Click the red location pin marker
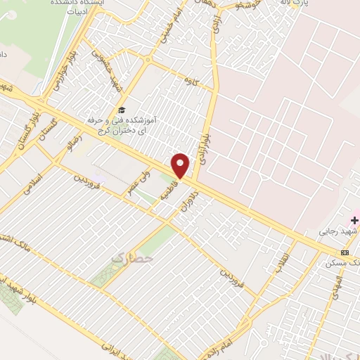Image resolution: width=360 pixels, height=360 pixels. pyautogui.click(x=181, y=166)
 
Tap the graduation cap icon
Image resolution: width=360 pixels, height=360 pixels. pyautogui.click(x=122, y=110)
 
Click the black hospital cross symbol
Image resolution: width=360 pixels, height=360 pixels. pyautogui.click(x=354, y=220)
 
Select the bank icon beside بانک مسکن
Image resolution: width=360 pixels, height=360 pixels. pyautogui.click(x=345, y=252)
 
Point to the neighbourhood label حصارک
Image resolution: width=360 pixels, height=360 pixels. pyautogui.click(x=126, y=259)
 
